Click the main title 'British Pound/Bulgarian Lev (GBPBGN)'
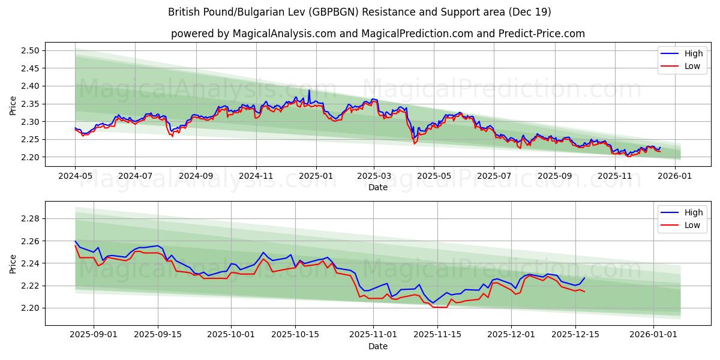(359, 12)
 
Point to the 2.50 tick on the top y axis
(30, 50)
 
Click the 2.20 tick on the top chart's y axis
(30, 157)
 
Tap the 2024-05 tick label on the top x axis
(75, 176)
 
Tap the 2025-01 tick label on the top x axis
(316, 176)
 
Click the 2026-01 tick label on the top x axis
(676, 176)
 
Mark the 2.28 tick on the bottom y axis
(30, 218)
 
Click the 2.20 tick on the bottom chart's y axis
(30, 308)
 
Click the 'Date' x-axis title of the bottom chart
(377, 346)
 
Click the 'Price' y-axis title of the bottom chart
(13, 263)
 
